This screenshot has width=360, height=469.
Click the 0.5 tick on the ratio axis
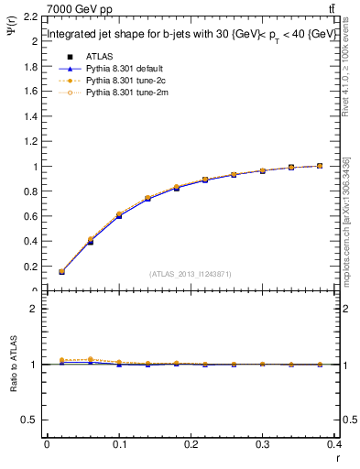tap(29, 420)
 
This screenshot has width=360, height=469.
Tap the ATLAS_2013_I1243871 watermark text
tap(191, 274)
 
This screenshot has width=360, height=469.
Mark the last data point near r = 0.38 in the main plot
tap(320, 166)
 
